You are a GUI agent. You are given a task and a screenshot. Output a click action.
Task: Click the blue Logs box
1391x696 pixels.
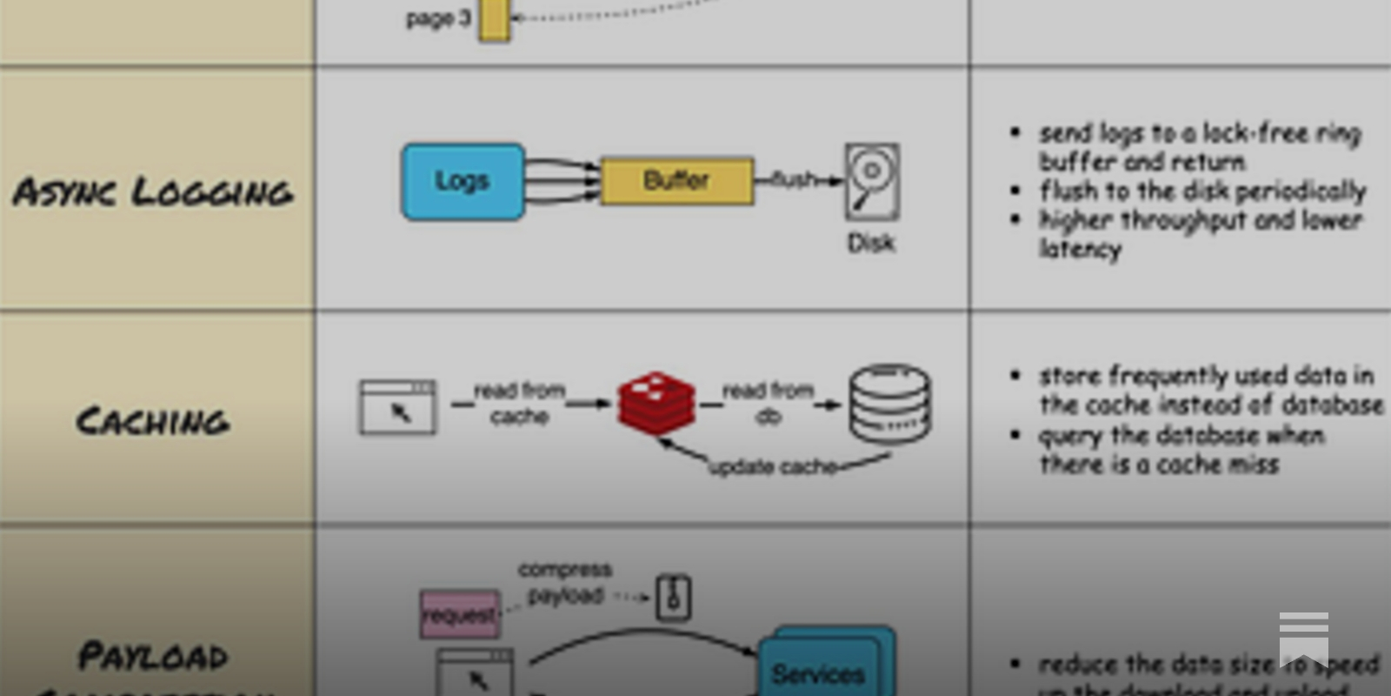[x=463, y=182]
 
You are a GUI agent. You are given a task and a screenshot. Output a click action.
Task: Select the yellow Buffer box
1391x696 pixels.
[x=676, y=181]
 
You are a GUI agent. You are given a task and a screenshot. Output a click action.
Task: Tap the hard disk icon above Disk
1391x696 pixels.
[x=872, y=181]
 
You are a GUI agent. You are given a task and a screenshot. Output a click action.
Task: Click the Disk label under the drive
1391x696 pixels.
[x=871, y=243]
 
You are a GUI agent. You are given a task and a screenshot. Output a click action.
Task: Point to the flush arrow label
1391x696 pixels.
[x=794, y=179]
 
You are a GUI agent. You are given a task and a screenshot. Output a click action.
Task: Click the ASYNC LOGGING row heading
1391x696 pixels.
[x=153, y=192]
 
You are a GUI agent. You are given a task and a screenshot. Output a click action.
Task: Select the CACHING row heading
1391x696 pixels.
[x=153, y=422]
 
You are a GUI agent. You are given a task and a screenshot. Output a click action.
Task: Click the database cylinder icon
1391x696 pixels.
[x=889, y=404]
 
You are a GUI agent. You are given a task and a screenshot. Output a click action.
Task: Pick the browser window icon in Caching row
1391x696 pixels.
[x=398, y=406]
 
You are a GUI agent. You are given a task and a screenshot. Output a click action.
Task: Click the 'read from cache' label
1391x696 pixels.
[x=519, y=404]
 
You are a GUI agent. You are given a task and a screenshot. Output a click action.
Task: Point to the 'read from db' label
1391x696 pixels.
[x=768, y=404]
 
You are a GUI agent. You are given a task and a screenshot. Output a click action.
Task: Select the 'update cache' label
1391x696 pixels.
[x=772, y=467]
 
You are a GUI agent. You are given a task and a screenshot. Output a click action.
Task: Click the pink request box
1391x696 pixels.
[x=460, y=614]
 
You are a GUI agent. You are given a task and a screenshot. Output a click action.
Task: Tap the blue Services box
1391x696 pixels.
[x=819, y=672]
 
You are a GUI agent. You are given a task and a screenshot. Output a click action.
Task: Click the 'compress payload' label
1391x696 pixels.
[x=565, y=582]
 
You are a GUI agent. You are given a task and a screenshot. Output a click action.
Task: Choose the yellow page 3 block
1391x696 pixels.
[x=494, y=19]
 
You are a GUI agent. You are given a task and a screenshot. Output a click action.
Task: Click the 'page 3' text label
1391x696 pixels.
[x=438, y=19]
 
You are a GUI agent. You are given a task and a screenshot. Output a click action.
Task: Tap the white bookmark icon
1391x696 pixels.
[x=1303, y=638]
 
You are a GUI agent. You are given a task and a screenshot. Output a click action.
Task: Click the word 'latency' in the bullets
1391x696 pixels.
[x=1081, y=250]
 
